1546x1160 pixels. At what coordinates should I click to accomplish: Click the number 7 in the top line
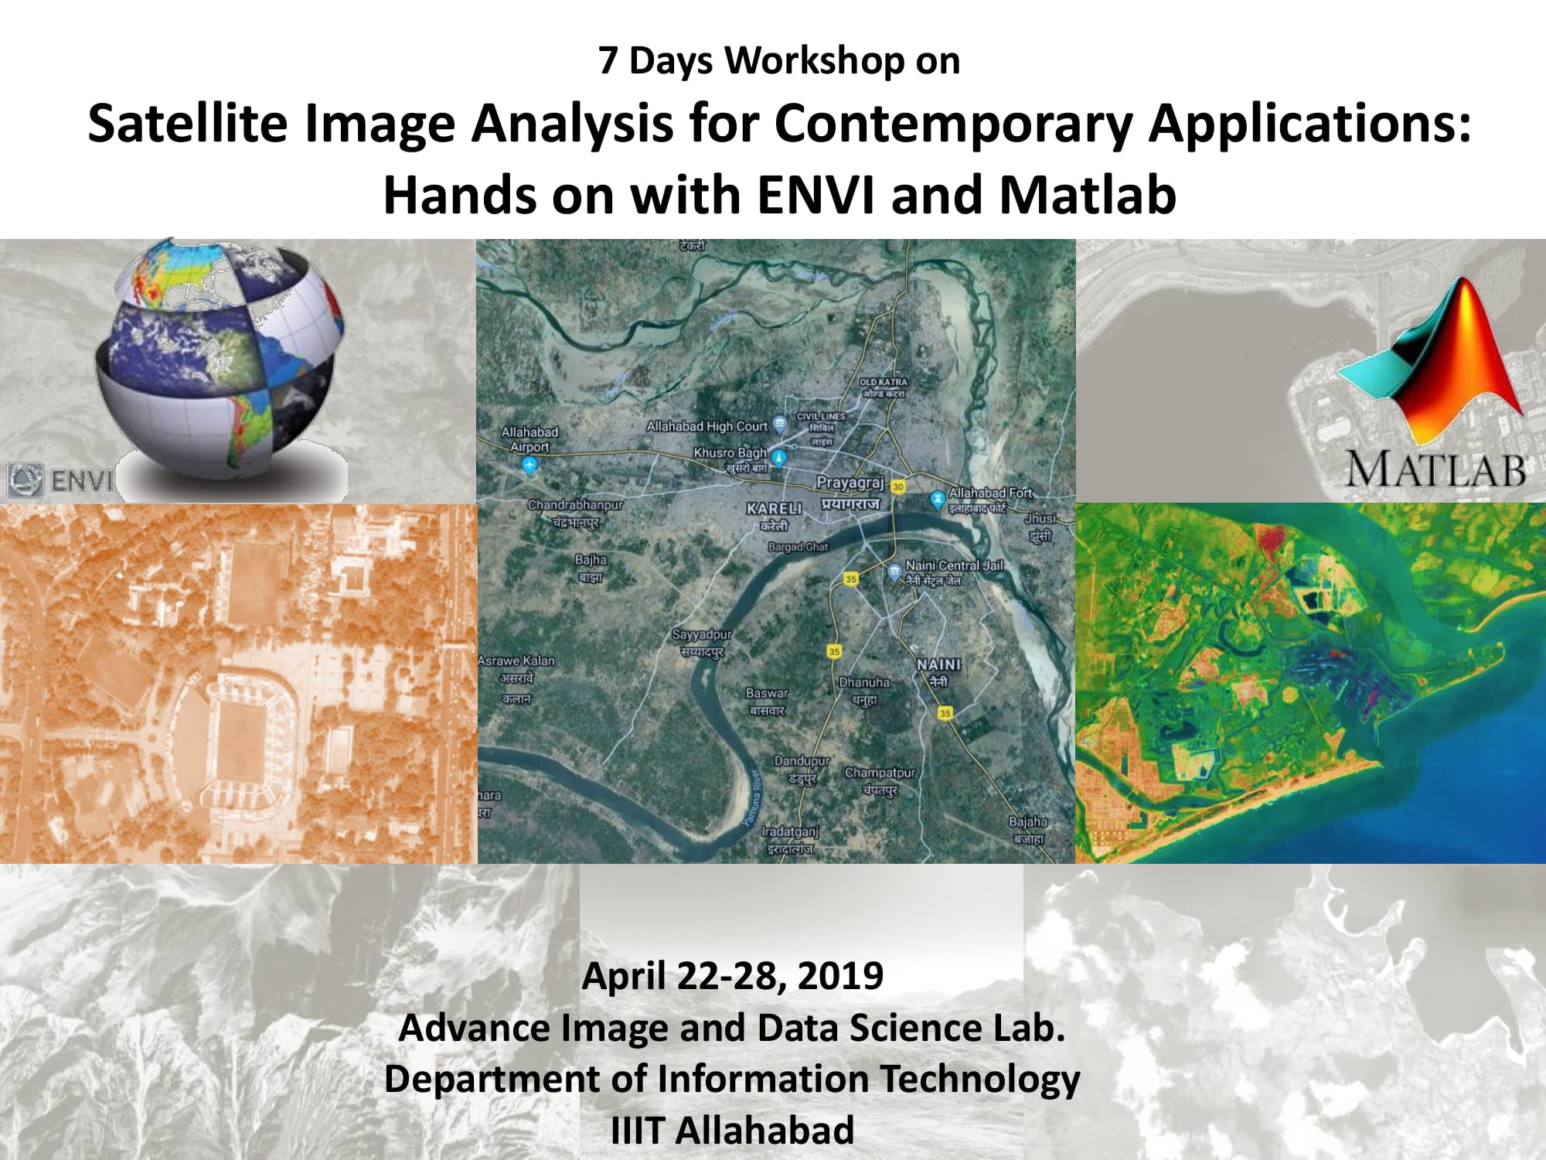click(x=608, y=61)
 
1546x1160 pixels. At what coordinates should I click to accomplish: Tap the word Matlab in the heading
click(x=1087, y=195)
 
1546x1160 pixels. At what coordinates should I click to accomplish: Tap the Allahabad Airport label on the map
click(x=530, y=439)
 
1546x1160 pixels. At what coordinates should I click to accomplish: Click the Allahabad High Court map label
click(x=707, y=426)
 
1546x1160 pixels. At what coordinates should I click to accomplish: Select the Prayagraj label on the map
click(x=850, y=483)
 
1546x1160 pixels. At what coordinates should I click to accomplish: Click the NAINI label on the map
click(x=938, y=664)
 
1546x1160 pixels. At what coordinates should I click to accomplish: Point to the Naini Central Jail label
click(x=954, y=566)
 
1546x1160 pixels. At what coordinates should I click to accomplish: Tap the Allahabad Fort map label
click(x=989, y=493)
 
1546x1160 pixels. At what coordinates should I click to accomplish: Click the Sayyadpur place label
click(x=701, y=635)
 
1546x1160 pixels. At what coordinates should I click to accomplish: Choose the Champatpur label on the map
click(x=880, y=773)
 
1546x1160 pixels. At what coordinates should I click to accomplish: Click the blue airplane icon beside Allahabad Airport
click(x=530, y=465)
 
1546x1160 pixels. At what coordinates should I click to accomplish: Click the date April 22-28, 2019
click(x=732, y=976)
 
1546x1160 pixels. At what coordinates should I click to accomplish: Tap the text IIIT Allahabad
click(x=732, y=1131)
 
